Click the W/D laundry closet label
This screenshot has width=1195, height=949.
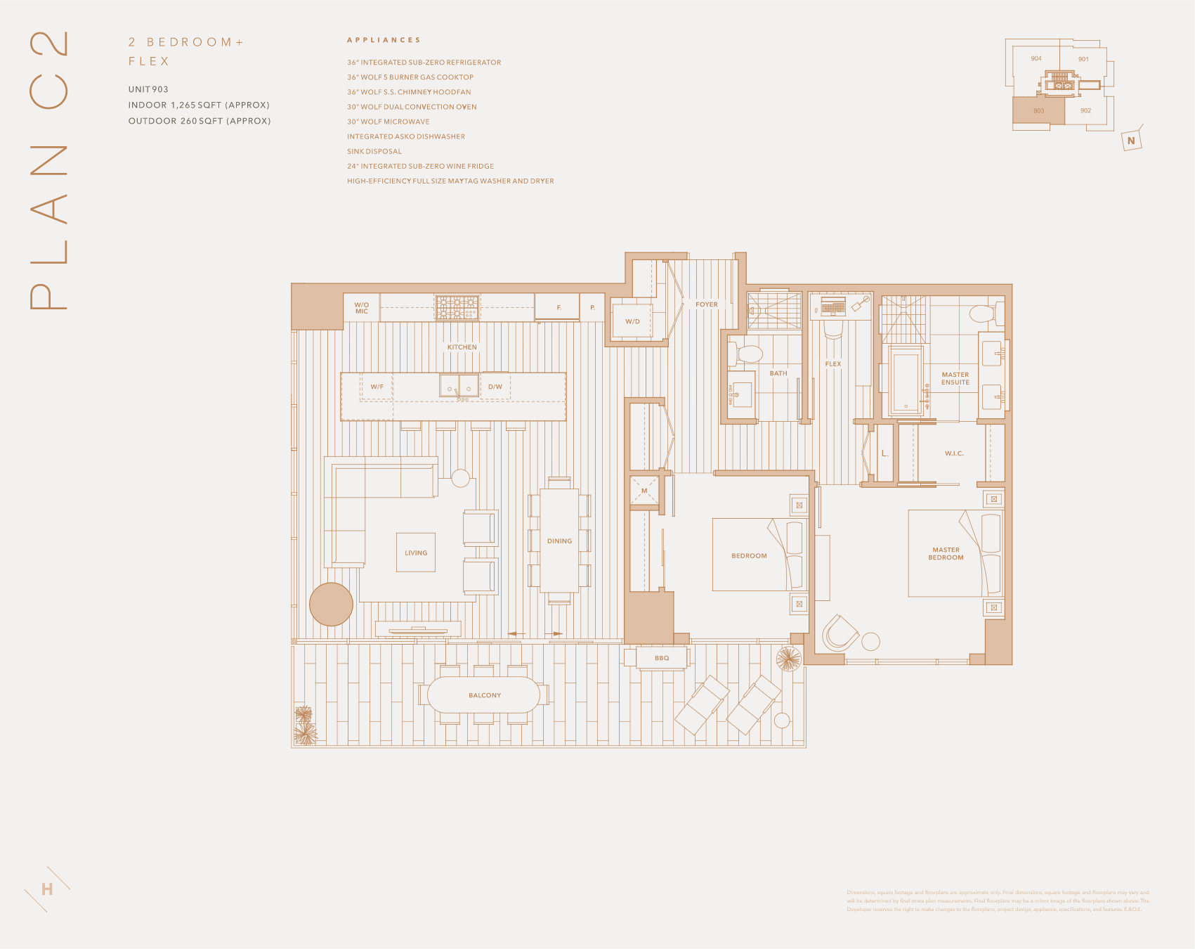coord(632,321)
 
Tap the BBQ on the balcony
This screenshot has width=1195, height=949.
coord(662,658)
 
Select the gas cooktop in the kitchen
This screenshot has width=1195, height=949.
coord(457,307)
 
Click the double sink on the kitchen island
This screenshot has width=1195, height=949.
coord(459,386)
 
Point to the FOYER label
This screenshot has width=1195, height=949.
coord(707,304)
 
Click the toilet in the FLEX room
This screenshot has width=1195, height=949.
coord(833,328)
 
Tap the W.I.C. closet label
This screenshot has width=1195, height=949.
coord(954,453)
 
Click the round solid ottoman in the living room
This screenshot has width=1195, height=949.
coord(331,604)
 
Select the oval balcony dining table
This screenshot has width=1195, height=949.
coord(484,695)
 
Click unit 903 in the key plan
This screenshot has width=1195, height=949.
coord(1038,110)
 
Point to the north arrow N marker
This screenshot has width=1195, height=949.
coord(1131,141)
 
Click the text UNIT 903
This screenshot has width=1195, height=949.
coord(148,89)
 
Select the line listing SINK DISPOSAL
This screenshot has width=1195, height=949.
coord(374,151)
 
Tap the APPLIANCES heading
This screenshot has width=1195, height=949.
coord(384,40)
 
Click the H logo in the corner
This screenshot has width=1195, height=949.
coord(47,889)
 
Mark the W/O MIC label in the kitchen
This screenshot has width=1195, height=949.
coord(362,308)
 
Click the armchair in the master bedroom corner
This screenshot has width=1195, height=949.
coord(840,633)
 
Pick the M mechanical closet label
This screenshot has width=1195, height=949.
coord(644,491)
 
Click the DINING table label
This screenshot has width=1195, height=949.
coord(559,541)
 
